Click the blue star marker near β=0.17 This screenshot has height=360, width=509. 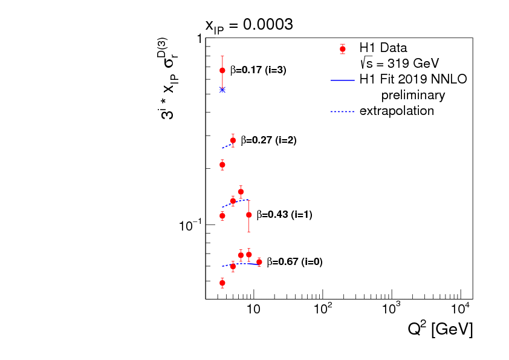click(x=222, y=90)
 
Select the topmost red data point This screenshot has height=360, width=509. click(x=222, y=70)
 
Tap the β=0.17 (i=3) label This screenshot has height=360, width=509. click(x=258, y=70)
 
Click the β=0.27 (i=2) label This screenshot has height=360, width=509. click(x=268, y=140)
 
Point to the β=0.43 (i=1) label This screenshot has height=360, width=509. click(x=284, y=215)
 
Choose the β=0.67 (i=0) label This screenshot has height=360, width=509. click(x=294, y=262)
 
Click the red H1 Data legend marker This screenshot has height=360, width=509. click(x=343, y=49)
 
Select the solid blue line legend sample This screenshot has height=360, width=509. click(x=343, y=79)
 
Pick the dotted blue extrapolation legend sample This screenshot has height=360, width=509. click(x=343, y=111)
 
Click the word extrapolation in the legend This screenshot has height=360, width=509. click(x=397, y=111)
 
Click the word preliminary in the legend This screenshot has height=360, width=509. click(x=413, y=95)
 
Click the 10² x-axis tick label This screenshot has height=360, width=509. click(x=323, y=310)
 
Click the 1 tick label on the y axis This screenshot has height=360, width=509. click(x=199, y=39)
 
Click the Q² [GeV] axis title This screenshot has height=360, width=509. click(x=439, y=330)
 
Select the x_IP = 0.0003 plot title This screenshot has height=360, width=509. click(x=249, y=25)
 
